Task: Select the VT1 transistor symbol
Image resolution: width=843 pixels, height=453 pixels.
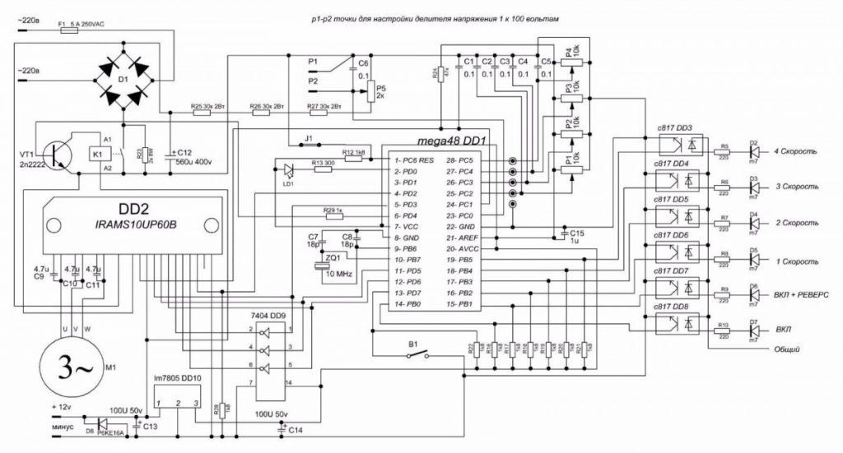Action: [57, 153]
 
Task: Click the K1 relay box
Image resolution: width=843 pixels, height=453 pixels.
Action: [98, 153]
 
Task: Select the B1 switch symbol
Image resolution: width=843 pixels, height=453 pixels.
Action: [415, 354]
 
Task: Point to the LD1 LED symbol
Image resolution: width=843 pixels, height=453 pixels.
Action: [287, 170]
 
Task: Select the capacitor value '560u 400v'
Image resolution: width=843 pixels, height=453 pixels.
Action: [194, 161]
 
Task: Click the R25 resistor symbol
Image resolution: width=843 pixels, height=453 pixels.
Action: [201, 114]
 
